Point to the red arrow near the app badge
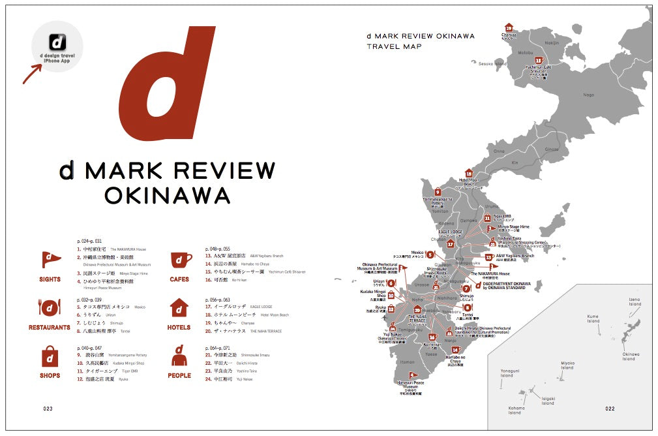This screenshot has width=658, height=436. point(31,73)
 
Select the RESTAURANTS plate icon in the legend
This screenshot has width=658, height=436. point(50,307)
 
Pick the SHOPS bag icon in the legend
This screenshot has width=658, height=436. point(50,356)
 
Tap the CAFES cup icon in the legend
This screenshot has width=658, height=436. point(180,260)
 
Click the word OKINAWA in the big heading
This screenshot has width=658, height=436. point(167,195)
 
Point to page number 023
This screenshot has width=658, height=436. point(48,409)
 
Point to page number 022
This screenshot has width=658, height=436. point(610,409)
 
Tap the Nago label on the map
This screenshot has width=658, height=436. point(588,95)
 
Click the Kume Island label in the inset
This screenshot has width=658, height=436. point(593,319)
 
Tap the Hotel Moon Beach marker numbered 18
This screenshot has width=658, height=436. point(468,174)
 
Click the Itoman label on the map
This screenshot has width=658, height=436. point(407,362)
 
